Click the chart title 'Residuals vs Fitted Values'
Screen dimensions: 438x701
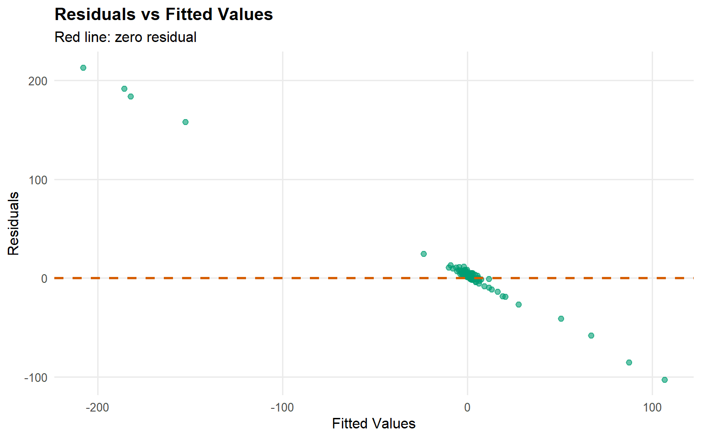coord(163,15)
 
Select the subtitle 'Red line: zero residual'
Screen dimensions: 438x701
coord(125,37)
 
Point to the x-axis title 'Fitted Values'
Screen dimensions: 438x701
coord(373,423)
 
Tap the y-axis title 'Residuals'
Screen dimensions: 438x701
coord(13,224)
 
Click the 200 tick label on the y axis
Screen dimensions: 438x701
coord(37,81)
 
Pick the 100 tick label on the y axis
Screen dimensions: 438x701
coord(37,180)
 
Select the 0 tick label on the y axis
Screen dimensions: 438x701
coord(44,279)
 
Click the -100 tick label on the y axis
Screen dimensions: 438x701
coord(36,378)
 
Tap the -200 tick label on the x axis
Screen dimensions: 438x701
coord(97,407)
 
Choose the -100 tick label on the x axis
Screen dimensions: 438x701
coord(282,407)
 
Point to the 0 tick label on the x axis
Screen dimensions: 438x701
coord(467,407)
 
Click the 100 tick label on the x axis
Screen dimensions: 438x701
coord(652,407)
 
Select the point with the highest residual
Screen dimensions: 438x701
coord(83,68)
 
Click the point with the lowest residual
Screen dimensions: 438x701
coord(664,380)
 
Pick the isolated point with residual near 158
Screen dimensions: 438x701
coord(185,122)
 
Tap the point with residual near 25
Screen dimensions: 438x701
coord(424,254)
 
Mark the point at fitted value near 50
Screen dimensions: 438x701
coord(561,318)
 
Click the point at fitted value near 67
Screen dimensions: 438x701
coord(591,335)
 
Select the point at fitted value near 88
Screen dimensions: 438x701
coord(629,362)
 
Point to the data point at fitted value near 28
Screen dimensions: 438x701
coord(518,304)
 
